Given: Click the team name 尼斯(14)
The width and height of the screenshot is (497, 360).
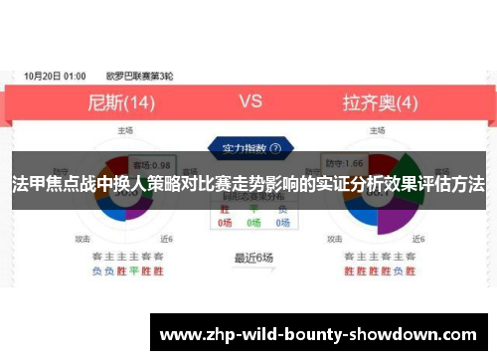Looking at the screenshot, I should [122, 101].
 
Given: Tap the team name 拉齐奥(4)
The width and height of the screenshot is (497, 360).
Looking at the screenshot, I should [381, 101].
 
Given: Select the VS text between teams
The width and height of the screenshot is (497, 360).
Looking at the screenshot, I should [250, 100].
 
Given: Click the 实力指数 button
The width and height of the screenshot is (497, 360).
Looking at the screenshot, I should [248, 147].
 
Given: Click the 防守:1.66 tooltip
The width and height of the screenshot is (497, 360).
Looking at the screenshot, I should [371, 162].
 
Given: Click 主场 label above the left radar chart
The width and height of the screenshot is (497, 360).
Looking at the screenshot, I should [126, 129].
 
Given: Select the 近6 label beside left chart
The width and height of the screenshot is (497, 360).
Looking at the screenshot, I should [166, 239].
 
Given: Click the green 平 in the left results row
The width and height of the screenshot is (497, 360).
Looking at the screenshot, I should [131, 270].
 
